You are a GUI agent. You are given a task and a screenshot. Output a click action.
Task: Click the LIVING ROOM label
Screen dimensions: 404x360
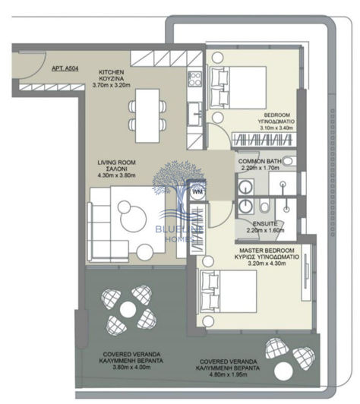point(115,162)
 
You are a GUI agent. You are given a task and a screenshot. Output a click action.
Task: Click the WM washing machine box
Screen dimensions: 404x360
point(196,193)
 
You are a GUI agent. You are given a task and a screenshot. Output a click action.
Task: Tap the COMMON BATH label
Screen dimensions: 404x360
point(262,162)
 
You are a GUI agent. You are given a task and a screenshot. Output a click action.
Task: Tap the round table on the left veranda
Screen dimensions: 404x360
point(126,308)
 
